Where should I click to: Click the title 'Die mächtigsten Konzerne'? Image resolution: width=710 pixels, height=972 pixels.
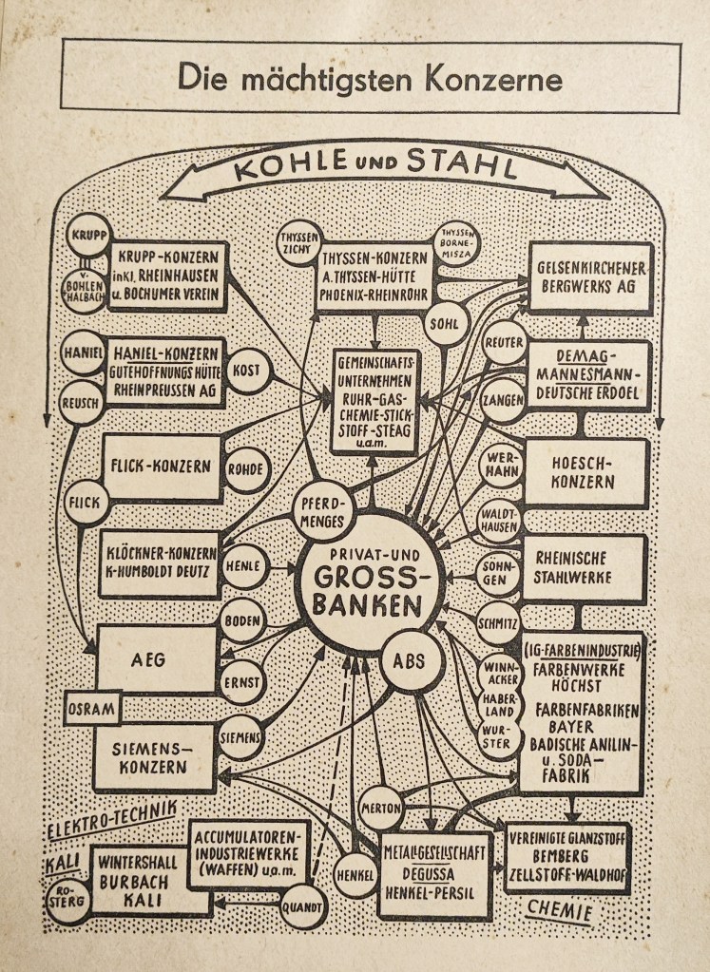tap(370, 75)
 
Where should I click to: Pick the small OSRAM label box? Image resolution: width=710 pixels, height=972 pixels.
tap(92, 708)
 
